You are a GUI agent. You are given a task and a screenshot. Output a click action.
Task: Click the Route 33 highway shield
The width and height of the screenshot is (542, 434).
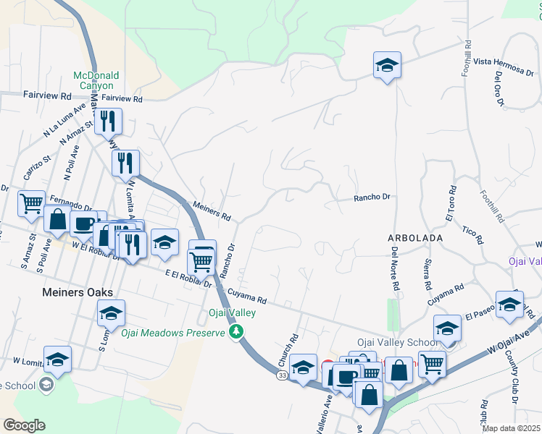(x=282, y=375)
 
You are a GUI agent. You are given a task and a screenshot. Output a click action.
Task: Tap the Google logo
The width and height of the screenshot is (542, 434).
(x=24, y=425)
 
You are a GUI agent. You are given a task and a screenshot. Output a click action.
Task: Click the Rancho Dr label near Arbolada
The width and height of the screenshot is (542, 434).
(x=372, y=197)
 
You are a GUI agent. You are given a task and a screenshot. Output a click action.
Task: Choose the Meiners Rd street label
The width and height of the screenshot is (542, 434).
(x=211, y=211)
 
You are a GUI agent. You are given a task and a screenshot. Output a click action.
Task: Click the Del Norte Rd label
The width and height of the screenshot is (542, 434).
(x=395, y=269)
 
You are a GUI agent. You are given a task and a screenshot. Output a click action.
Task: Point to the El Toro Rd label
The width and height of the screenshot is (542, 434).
(x=450, y=207)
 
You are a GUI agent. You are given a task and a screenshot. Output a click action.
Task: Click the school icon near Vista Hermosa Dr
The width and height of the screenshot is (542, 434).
(x=387, y=66)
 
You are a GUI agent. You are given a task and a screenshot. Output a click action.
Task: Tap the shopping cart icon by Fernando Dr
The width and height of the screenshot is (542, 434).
(x=31, y=204)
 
